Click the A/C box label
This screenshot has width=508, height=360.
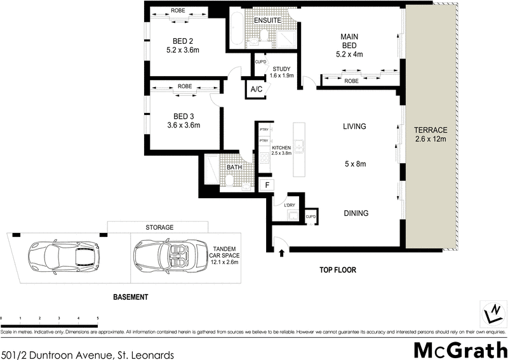257,90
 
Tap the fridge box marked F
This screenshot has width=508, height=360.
268,185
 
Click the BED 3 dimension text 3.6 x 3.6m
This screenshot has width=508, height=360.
179,125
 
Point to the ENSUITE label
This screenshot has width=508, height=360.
267,21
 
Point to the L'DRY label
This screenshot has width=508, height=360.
290,204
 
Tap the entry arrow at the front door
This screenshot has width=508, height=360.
281,253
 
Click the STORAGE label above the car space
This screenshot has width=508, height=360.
159,227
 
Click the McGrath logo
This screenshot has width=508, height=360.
460,349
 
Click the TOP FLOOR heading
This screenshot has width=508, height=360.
337,270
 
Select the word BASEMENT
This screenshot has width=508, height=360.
130,297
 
